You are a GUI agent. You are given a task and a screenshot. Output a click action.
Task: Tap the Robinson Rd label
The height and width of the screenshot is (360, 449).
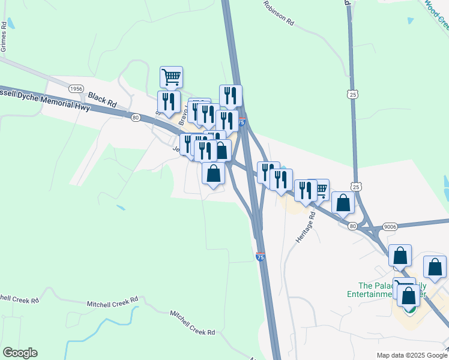click(x=278, y=13)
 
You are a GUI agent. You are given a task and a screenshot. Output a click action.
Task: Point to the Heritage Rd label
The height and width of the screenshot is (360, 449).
click(x=305, y=227)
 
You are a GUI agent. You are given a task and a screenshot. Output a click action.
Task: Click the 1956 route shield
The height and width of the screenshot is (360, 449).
click(x=76, y=88)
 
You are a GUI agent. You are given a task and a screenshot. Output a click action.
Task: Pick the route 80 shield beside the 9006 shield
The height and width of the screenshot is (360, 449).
click(x=352, y=226)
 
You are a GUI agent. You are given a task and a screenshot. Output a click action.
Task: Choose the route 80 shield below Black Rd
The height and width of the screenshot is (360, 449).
click(x=136, y=118)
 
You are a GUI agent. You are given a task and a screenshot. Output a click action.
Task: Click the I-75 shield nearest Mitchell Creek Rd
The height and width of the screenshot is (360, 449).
click(x=260, y=257)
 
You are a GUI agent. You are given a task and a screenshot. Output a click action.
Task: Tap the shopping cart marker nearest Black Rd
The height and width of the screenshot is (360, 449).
click(x=171, y=77)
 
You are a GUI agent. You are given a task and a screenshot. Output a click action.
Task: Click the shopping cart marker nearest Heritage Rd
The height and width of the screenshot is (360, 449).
click(x=321, y=190)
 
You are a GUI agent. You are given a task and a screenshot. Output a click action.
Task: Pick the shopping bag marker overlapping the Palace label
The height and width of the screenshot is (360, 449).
click(x=409, y=296)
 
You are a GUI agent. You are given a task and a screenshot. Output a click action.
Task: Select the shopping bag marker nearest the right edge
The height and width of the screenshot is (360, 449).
click(x=435, y=267)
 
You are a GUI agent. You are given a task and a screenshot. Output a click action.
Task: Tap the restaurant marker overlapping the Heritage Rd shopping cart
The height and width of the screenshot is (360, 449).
click(x=306, y=190)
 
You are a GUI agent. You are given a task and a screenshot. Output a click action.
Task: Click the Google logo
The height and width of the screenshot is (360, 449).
click(x=20, y=353)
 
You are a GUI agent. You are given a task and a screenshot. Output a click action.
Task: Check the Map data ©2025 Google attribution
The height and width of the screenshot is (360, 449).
click(x=411, y=355)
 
